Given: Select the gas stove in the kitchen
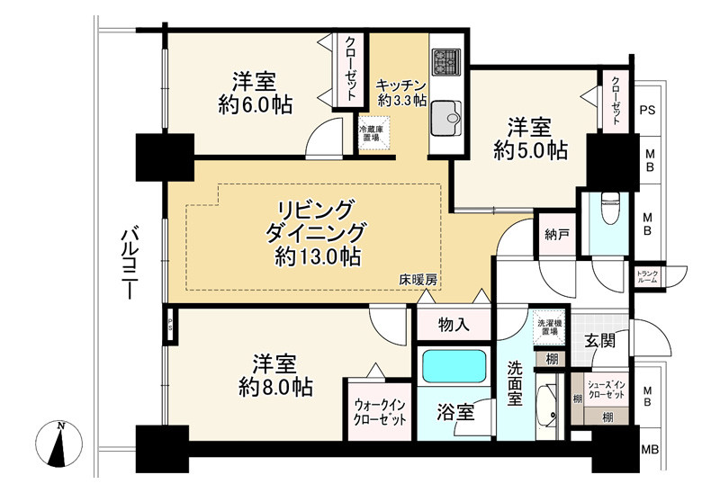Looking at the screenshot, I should click(x=445, y=62).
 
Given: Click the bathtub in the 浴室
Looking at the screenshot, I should click(x=454, y=366).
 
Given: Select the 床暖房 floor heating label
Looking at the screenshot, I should click(x=418, y=281).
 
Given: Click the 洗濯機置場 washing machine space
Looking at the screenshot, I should click(x=548, y=326).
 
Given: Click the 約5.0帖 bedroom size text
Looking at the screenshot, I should click(x=530, y=150).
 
